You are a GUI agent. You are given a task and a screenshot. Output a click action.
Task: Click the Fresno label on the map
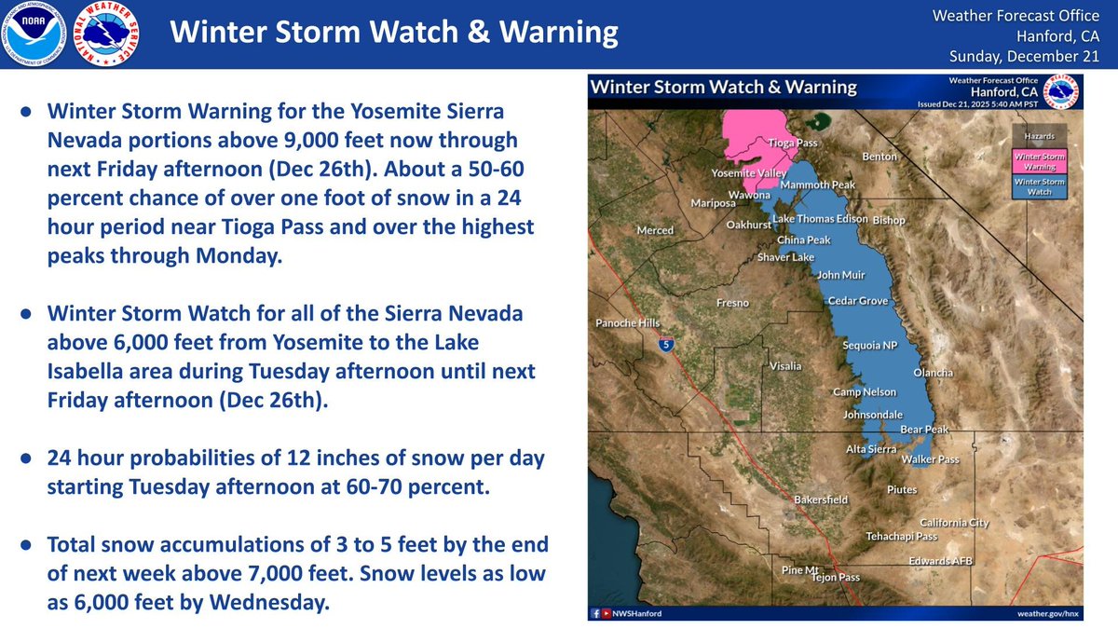point(732,303)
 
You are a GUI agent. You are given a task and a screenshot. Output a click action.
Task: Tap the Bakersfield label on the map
point(821,499)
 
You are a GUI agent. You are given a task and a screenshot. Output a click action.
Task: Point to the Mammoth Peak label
point(817,185)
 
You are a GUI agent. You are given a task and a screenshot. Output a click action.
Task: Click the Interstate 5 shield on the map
point(664,345)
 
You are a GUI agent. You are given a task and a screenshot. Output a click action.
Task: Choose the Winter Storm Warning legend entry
point(1039,161)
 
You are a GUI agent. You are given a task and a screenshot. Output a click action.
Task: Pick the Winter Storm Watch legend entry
point(1039,186)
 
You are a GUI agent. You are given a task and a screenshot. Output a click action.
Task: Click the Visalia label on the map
point(784,366)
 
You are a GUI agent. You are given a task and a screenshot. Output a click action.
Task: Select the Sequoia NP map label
point(868,346)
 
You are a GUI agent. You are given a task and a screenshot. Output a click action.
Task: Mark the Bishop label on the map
point(888,221)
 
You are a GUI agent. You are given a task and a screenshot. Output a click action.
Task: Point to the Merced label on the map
point(654,230)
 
